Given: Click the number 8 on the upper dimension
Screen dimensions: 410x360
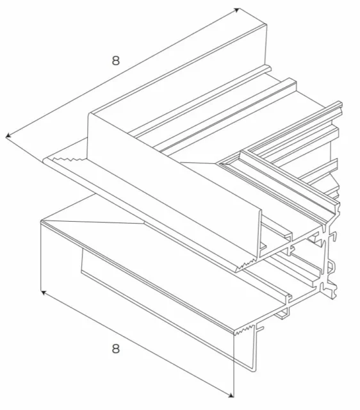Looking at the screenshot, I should pos(115,61).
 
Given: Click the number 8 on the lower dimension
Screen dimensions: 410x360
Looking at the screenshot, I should pos(115,348).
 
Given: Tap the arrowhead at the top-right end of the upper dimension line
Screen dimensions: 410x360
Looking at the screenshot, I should pos(236,10).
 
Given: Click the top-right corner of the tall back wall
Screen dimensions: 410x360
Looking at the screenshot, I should pos(265,24).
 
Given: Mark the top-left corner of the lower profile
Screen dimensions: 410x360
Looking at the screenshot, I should pos(41,221).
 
